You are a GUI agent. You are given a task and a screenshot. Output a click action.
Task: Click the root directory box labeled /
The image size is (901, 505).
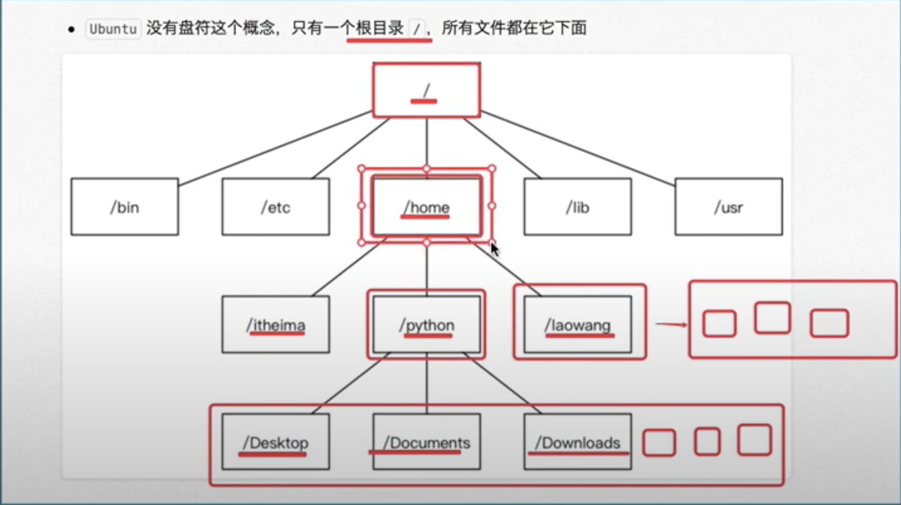pyautogui.click(x=426, y=91)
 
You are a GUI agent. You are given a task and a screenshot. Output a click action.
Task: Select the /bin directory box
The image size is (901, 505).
pyautogui.click(x=125, y=207)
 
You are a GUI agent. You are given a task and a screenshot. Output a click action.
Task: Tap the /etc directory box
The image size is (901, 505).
pyautogui.click(x=276, y=207)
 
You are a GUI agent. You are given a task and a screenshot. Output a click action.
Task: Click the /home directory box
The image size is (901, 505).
pyautogui.click(x=426, y=207)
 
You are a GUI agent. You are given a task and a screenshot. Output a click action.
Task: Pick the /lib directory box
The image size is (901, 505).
pyautogui.click(x=577, y=207)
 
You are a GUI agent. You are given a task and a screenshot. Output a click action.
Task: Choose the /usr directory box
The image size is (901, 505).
pyautogui.click(x=728, y=207)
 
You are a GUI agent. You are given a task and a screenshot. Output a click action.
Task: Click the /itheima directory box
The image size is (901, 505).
pyautogui.click(x=276, y=324)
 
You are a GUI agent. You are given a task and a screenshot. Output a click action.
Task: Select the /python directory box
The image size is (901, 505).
pyautogui.click(x=426, y=324)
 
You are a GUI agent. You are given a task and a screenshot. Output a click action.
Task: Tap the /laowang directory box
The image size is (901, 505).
pyautogui.click(x=577, y=324)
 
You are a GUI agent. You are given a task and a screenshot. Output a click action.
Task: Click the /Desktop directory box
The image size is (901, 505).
pyautogui.click(x=276, y=442)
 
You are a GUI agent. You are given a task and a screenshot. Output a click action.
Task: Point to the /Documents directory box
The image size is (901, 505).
pyautogui.click(x=426, y=442)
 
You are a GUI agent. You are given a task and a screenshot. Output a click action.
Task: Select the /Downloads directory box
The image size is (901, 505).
pyautogui.click(x=577, y=442)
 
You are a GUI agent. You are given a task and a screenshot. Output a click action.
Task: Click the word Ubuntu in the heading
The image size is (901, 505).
pyautogui.click(x=113, y=29)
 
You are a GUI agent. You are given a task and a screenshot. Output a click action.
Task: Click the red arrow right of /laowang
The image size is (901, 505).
pyautogui.click(x=671, y=324)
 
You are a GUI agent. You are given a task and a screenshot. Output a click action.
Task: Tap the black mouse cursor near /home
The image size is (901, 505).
pyautogui.click(x=494, y=249)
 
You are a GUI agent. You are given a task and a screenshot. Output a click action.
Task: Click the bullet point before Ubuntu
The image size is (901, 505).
pyautogui.click(x=71, y=30)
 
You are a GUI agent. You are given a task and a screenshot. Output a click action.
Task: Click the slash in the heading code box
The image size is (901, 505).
pyautogui.click(x=417, y=29)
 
